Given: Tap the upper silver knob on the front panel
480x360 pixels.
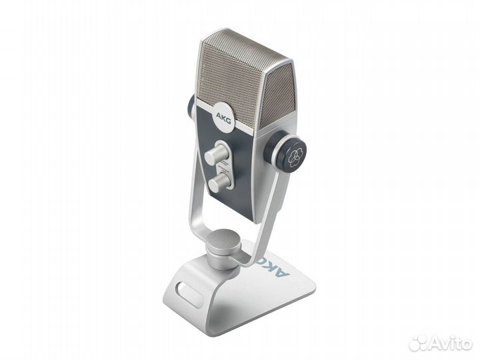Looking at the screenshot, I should (213, 155).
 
